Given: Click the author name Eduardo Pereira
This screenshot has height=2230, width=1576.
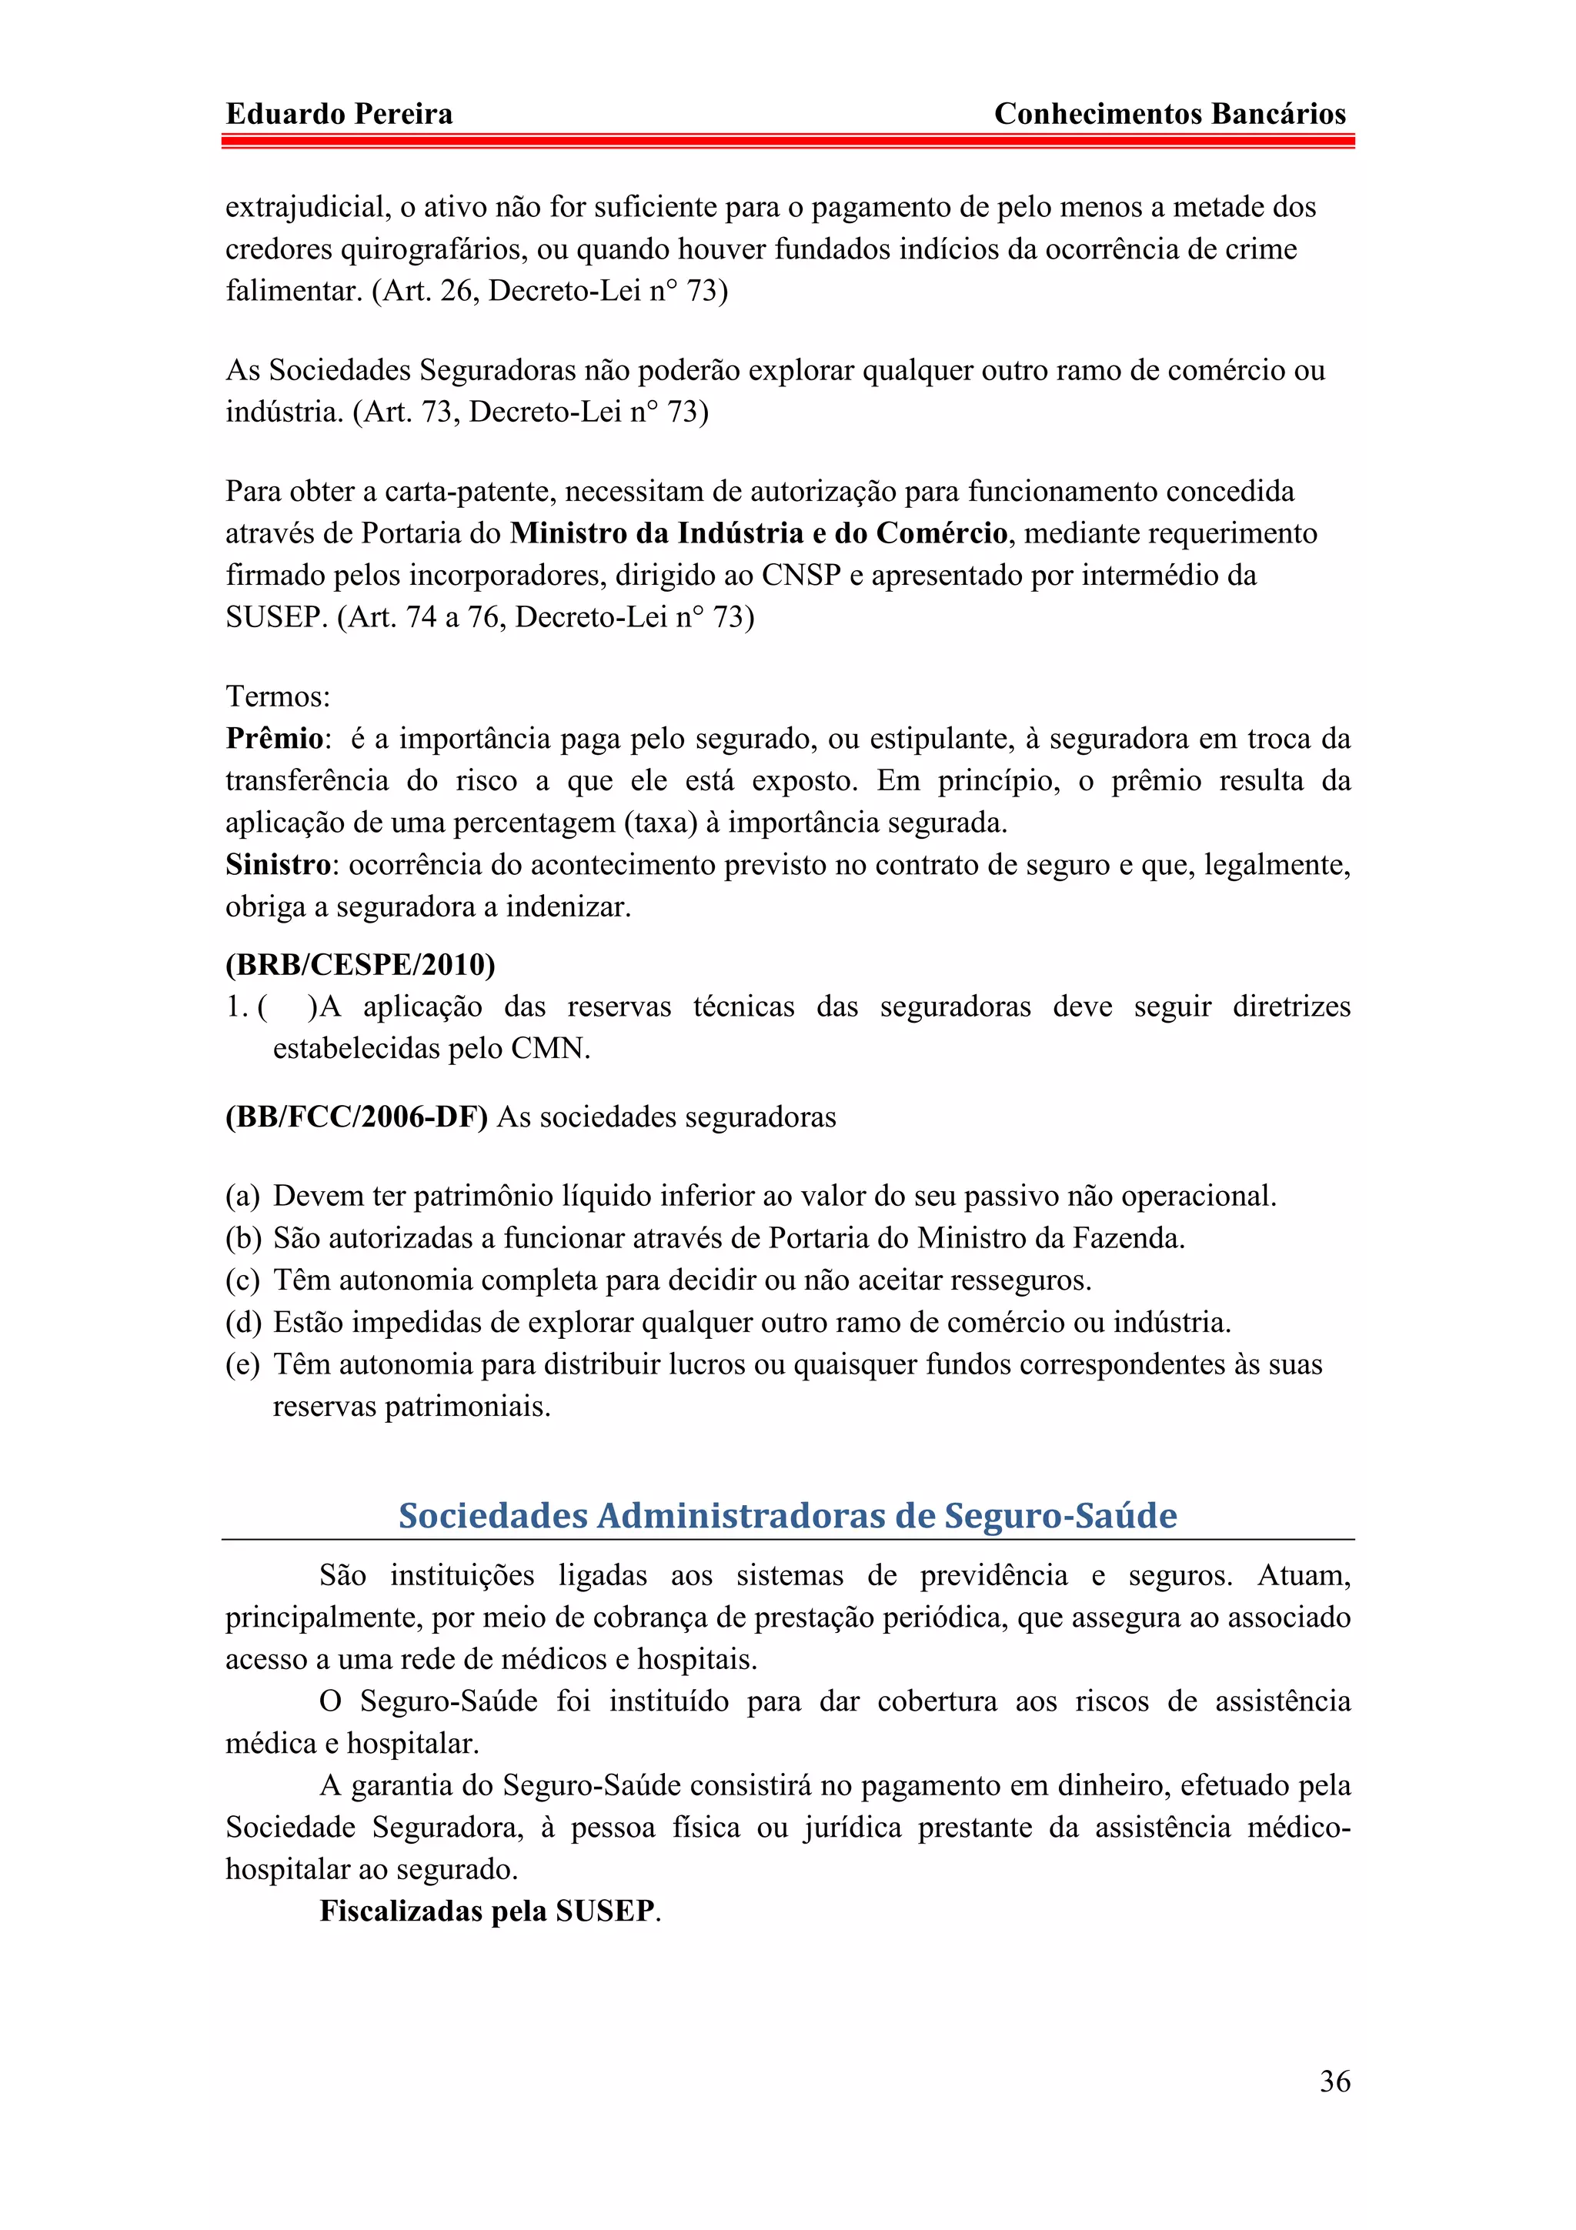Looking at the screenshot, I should click(x=339, y=115).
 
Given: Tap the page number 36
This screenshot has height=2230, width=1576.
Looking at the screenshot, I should click(x=1334, y=2081).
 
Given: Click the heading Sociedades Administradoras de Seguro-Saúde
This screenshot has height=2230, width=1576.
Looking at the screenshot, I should click(x=787, y=1515).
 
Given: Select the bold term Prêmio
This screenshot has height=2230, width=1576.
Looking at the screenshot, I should click(x=274, y=739).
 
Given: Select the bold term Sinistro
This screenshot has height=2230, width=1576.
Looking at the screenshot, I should click(x=278, y=864).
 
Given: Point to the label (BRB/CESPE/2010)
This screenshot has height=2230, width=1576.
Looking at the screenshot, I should click(x=360, y=964).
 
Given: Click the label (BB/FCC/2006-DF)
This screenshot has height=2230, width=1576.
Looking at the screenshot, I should click(x=356, y=1117).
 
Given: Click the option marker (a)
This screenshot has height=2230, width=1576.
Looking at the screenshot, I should click(x=242, y=1197).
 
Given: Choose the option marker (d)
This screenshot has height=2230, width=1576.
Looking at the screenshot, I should click(x=242, y=1323).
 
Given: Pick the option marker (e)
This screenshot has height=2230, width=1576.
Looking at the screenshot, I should click(x=242, y=1364).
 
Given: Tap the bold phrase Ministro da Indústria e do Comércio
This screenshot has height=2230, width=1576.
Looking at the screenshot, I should click(x=759, y=533).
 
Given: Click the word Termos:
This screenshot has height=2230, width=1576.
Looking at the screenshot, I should click(x=278, y=696).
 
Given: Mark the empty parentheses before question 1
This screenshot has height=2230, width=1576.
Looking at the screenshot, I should click(x=288, y=1007).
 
